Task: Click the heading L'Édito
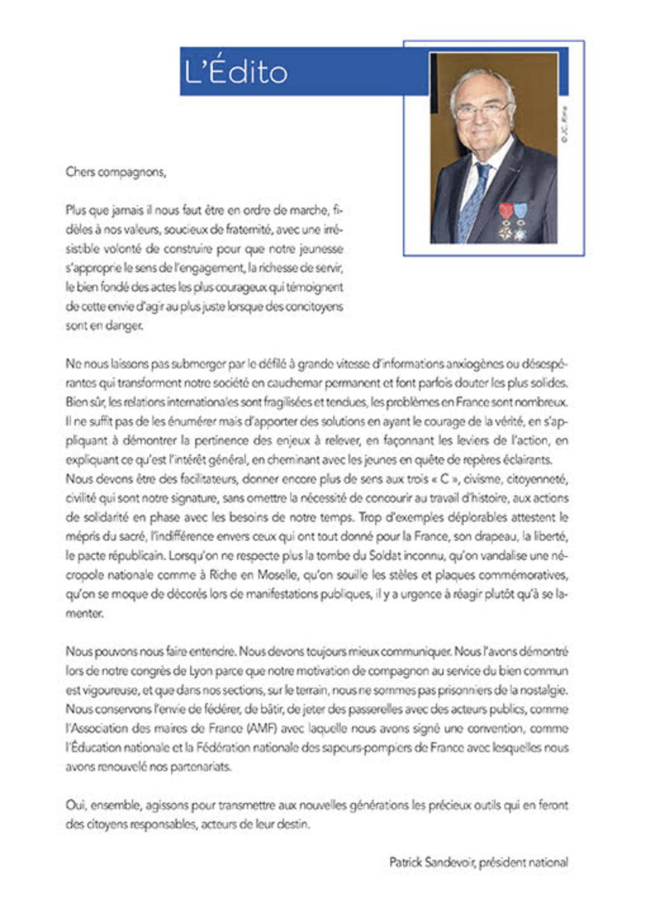236,72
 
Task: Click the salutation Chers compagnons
115,172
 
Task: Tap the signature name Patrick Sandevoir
431,862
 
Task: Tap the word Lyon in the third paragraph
200,671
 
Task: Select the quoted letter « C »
443,479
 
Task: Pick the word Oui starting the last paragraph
75,805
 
